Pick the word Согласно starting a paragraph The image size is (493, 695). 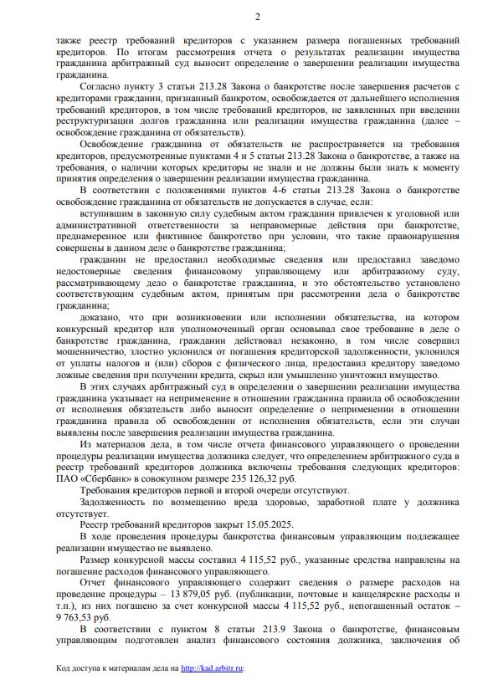[x=102, y=85]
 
